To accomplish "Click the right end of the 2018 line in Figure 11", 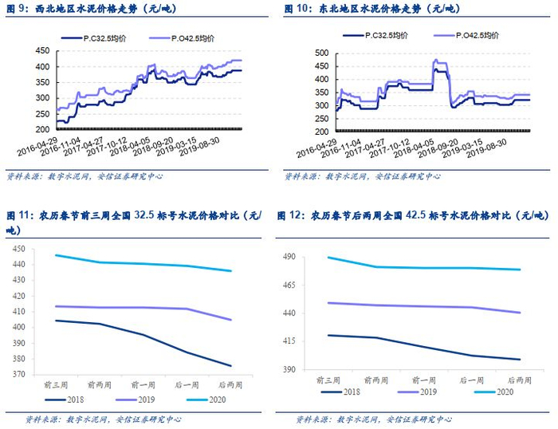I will (232, 366).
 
